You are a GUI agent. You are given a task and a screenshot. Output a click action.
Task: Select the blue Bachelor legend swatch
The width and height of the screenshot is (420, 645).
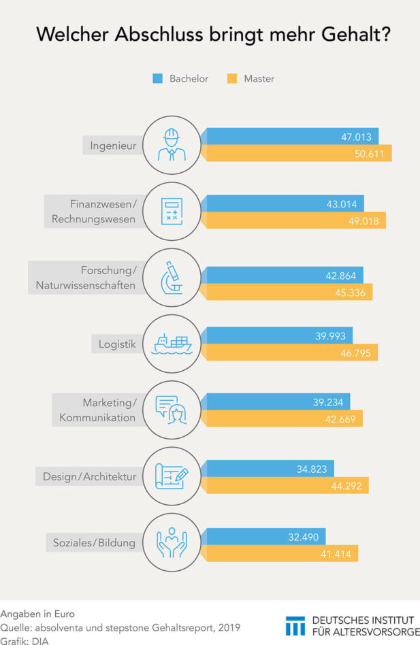tap(157, 79)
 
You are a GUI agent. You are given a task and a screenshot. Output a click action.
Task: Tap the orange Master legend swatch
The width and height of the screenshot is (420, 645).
tap(231, 79)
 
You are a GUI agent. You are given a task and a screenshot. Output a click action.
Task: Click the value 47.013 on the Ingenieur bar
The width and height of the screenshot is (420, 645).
tap(357, 137)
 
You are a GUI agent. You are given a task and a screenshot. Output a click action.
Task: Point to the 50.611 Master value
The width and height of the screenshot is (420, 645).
tap(370, 154)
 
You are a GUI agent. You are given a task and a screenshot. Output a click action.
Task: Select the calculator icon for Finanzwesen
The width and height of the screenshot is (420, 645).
tap(172, 212)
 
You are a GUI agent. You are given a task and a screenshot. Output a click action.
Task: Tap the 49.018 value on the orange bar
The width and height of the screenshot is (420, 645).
tap(364, 220)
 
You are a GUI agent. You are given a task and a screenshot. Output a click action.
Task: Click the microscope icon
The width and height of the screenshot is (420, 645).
tap(172, 278)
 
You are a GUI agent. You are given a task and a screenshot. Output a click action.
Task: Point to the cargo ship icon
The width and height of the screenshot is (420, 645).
tap(172, 344)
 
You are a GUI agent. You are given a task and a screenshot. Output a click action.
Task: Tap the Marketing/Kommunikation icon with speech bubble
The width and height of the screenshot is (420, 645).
tap(172, 410)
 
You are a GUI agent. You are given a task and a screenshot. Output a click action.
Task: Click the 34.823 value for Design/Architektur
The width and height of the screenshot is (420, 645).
tap(329, 469)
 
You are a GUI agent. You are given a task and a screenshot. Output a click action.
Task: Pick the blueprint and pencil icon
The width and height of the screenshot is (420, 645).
tap(172, 476)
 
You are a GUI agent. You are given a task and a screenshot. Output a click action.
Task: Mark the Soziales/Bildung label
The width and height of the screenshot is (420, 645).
tap(95, 543)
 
